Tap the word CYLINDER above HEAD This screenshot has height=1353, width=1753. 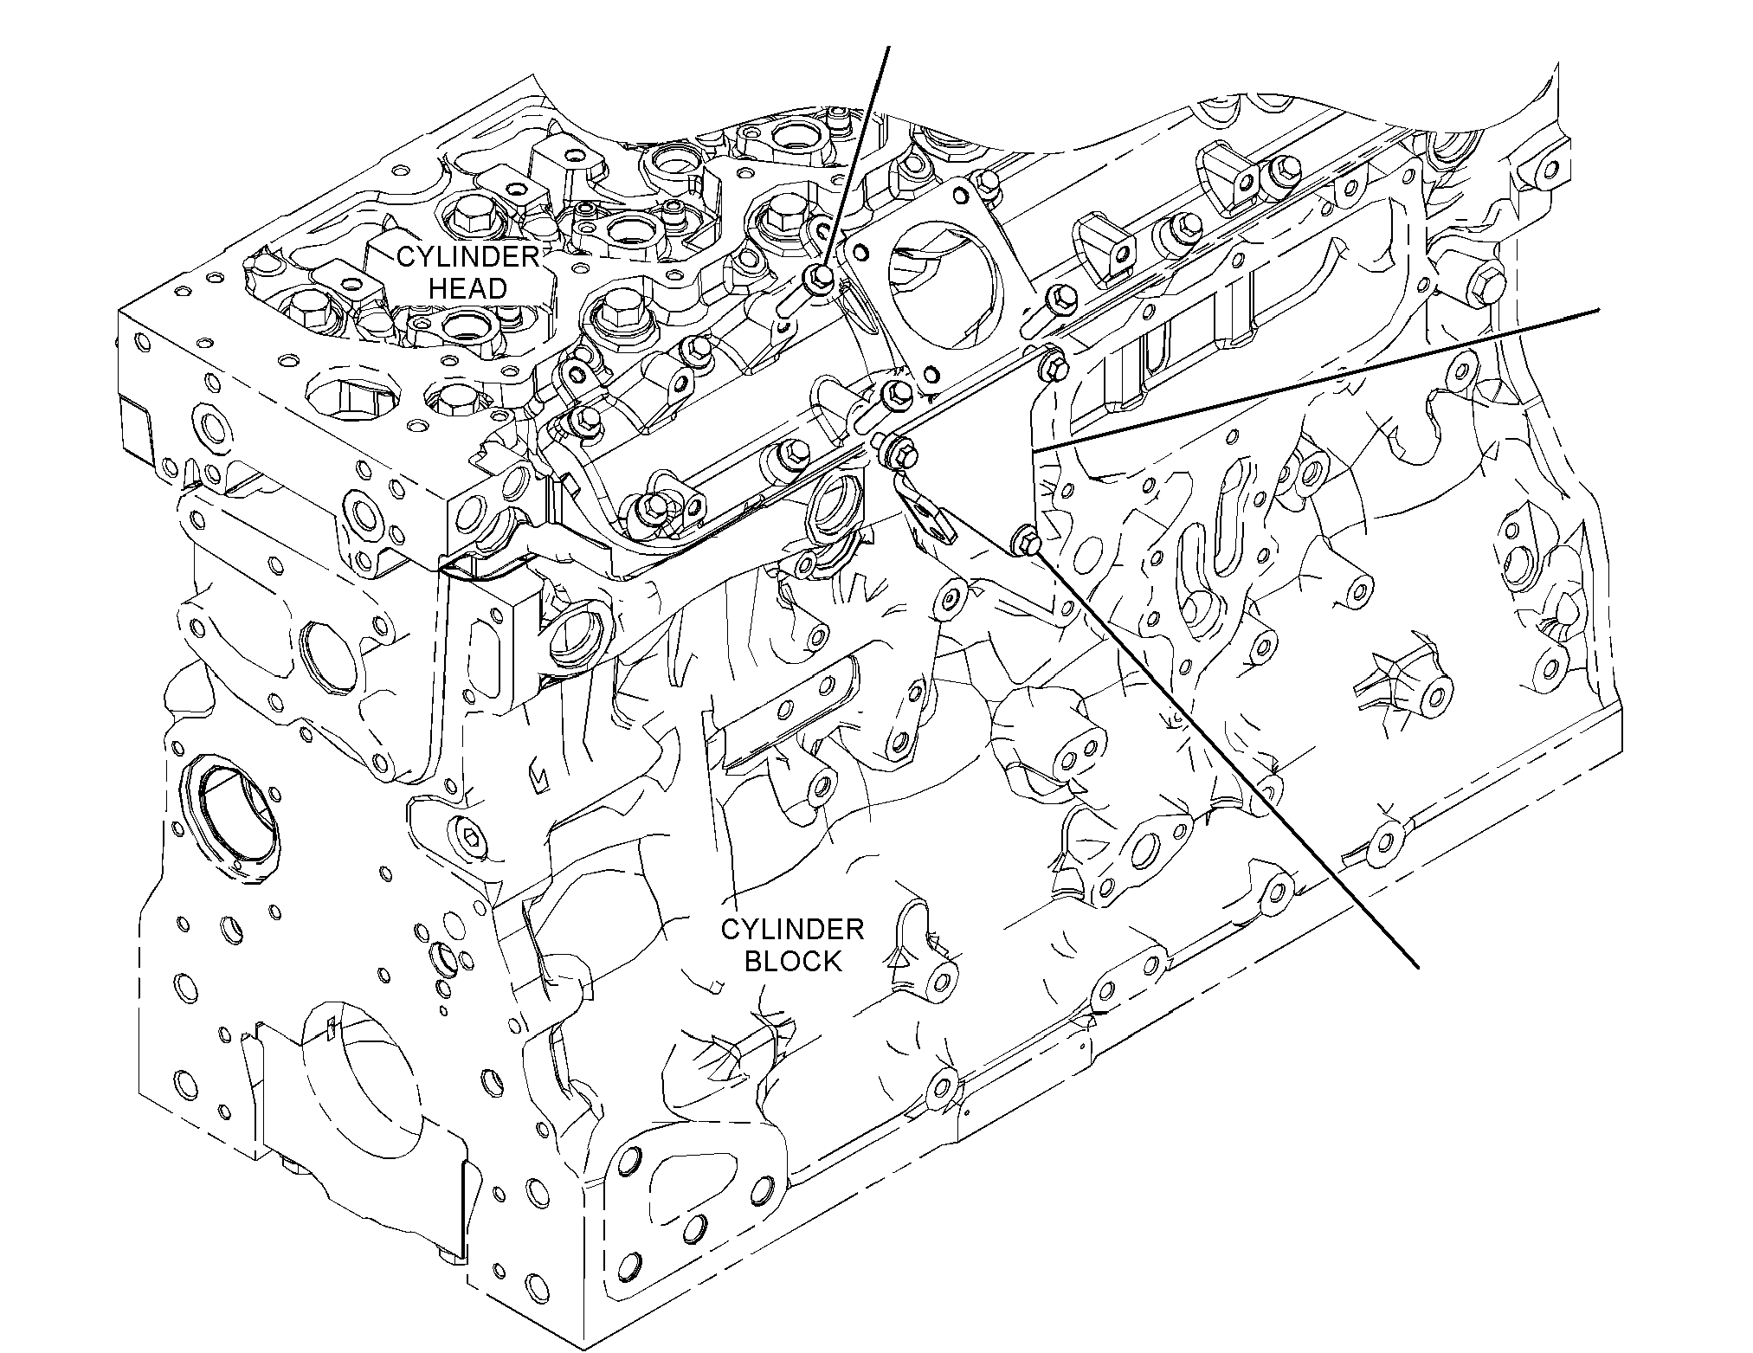tap(467, 256)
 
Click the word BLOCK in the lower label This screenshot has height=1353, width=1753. tap(793, 961)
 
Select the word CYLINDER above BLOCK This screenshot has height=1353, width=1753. tap(793, 930)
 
